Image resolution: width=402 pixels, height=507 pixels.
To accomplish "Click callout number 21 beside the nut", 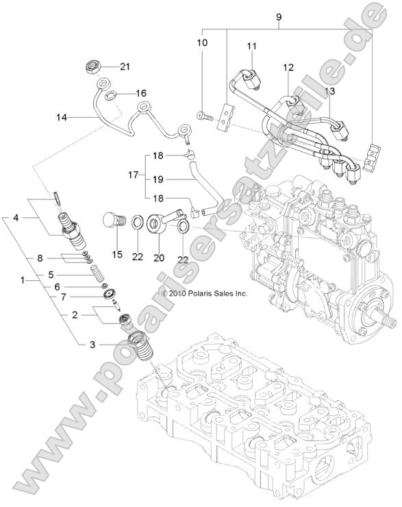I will coord(124,66).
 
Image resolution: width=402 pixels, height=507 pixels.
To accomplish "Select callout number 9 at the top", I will coord(278,15).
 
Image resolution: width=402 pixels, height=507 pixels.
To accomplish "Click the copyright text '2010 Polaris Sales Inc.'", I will coord(198,293).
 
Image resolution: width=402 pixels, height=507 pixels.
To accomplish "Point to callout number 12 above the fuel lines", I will coord(288,67).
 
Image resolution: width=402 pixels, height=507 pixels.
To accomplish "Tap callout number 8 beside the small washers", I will coord(40,258).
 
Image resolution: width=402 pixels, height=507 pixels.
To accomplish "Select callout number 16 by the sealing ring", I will coord(140,92).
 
